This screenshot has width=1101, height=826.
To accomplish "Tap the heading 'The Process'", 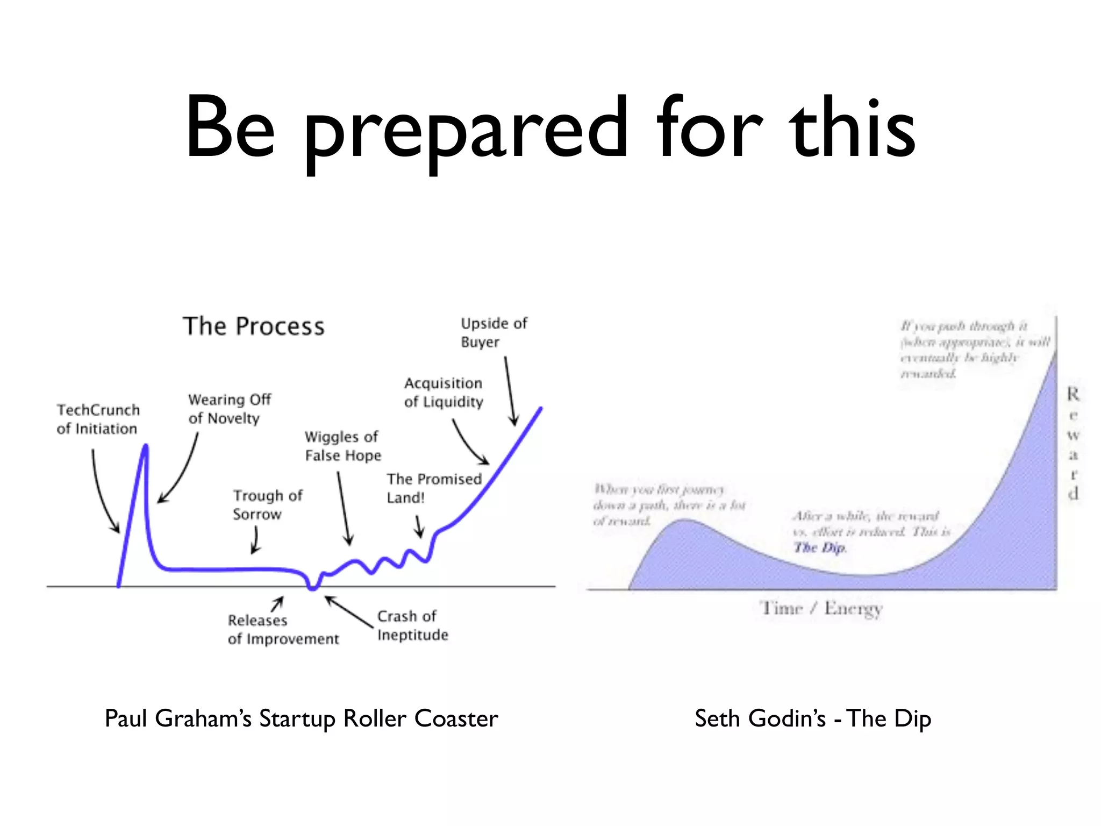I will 254,326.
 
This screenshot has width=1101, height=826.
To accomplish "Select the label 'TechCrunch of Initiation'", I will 98,419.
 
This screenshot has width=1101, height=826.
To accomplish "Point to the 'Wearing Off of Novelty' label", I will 229,409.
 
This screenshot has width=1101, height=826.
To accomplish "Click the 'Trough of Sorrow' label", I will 267,504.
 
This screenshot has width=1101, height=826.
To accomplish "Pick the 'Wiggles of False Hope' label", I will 342,446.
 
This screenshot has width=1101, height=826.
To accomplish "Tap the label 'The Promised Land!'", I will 433,488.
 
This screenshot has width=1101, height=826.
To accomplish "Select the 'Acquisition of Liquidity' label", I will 444,393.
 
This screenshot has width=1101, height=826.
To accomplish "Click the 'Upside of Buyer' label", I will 494,333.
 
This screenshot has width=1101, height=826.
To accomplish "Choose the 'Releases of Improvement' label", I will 283,630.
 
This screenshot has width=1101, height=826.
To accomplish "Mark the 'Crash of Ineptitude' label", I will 412,625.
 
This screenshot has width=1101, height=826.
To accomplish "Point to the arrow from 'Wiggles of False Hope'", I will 344,508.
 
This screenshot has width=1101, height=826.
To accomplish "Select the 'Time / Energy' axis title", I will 821,609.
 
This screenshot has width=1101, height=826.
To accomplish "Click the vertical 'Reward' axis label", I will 1073,444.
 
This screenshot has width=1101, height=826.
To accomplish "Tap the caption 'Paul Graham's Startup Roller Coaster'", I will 301,719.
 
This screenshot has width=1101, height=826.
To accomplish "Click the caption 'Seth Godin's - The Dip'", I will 812,719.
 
